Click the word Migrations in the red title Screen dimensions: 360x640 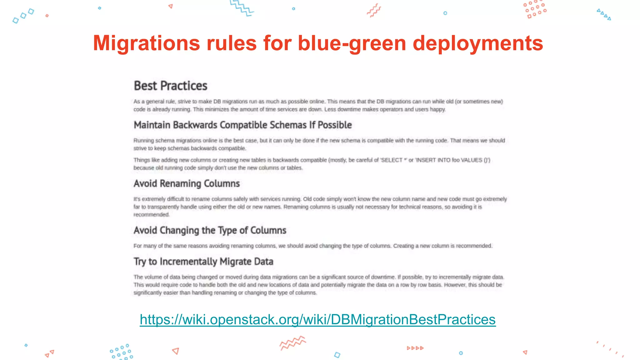coord(146,43)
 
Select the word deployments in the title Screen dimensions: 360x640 coord(478,43)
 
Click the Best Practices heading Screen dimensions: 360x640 coord(170,86)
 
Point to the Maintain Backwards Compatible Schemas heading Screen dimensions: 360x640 coord(242,125)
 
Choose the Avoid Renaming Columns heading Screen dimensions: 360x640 coord(187,183)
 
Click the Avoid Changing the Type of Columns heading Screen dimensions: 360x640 coord(210,230)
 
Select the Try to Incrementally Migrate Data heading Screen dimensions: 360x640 coord(203,262)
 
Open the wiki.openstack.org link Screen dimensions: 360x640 coord(317,319)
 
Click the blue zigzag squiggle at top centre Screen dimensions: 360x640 coord(242,7)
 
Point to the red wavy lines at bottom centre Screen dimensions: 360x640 coord(292,343)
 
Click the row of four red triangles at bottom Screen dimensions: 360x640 coord(415,348)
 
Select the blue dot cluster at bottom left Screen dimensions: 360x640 coord(121,352)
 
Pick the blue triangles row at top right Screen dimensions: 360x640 coord(604,14)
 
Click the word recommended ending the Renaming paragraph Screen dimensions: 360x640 coord(151,215)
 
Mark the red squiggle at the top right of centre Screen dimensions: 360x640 coord(374,10)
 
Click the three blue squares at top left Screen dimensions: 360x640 coord(23,16)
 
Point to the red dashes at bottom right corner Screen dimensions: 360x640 coord(610,349)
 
